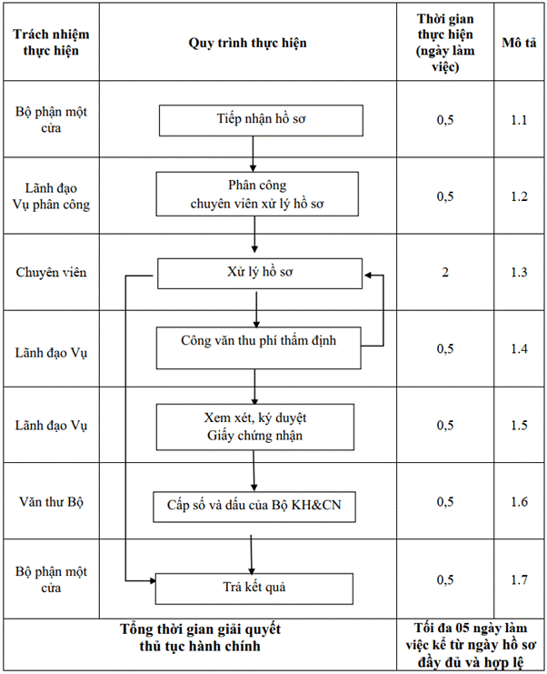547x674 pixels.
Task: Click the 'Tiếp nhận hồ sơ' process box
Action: coord(261,120)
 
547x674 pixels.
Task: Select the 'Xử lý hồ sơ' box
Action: coord(260,274)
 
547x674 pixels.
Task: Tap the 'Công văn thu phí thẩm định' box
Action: coord(258,348)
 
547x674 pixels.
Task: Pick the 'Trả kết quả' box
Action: coord(254,588)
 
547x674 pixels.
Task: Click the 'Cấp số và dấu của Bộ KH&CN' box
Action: coord(254,507)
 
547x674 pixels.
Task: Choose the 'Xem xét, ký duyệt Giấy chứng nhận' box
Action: coord(255,427)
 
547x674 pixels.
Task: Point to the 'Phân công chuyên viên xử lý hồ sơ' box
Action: coord(257,194)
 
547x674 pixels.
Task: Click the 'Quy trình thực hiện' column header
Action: coord(248,43)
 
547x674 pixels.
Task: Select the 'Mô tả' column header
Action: coord(519,43)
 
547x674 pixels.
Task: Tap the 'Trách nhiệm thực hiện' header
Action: coord(51,42)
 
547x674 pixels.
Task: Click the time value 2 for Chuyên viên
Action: coord(445,272)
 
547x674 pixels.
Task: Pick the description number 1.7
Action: coord(519,580)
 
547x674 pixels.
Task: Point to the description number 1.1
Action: coord(519,120)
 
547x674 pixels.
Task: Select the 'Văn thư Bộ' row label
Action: coord(51,501)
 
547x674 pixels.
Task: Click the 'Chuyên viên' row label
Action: coord(51,272)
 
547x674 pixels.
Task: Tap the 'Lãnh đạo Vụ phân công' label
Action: coord(51,196)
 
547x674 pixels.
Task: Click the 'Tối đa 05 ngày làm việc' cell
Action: coord(471,645)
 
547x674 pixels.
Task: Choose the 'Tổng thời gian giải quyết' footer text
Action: coord(200,629)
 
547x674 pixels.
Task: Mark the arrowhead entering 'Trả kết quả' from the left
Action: coord(153,580)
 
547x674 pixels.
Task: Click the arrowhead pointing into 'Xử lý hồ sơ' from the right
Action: coord(367,275)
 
